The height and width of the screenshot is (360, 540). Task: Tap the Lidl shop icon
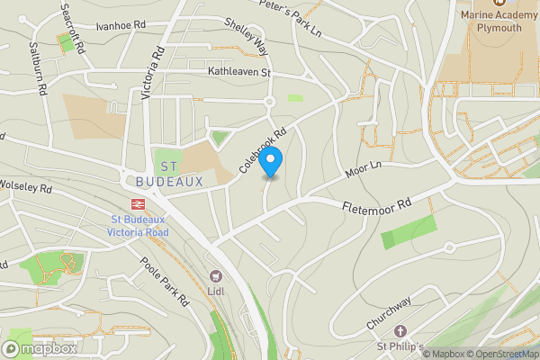point(215,275)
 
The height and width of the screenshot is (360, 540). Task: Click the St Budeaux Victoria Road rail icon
point(139,205)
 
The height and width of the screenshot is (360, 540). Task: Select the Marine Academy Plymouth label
point(490,20)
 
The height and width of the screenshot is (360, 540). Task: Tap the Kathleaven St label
point(239,71)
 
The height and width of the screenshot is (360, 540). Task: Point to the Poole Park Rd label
point(163,282)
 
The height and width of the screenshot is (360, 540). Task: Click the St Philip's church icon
point(400,331)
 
